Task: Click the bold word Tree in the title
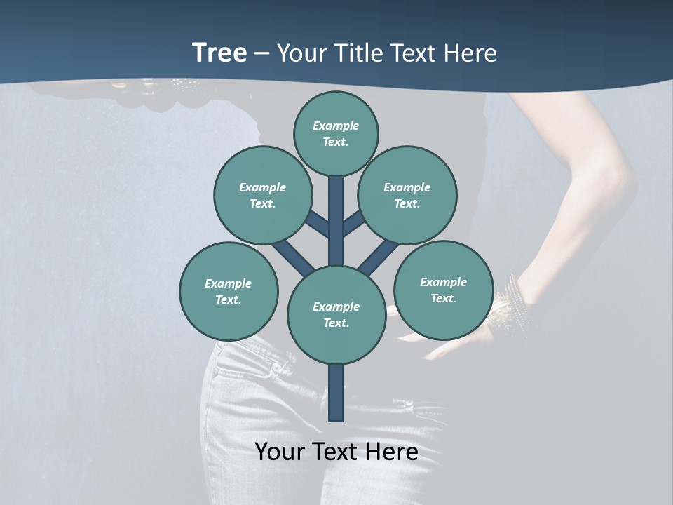click(x=219, y=53)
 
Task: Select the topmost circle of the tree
click(x=336, y=133)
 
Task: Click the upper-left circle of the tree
click(x=262, y=195)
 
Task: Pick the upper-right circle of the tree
click(x=407, y=195)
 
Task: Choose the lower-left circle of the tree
click(x=229, y=291)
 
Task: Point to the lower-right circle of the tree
click(x=444, y=290)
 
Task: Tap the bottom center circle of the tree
click(x=336, y=315)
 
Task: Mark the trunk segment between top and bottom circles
click(x=336, y=221)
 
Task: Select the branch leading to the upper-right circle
click(x=355, y=223)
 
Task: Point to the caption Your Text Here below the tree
click(x=336, y=452)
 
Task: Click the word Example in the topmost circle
click(x=336, y=126)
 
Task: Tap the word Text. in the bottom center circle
click(x=336, y=323)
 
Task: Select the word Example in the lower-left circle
click(x=229, y=283)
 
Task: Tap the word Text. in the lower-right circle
click(x=443, y=298)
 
